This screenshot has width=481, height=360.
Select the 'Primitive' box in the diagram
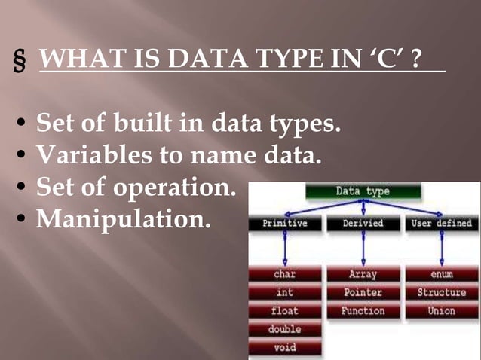point(285,224)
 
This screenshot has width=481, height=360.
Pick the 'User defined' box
point(443,224)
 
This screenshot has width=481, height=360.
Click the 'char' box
point(285,275)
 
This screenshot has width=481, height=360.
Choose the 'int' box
point(285,293)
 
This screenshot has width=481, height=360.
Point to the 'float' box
point(285,311)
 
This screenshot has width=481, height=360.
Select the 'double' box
point(285,330)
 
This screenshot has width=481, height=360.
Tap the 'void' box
point(285,348)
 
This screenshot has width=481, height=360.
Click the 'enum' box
point(443,275)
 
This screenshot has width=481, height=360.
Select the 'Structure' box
point(443,293)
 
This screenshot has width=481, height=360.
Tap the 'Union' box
point(443,311)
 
